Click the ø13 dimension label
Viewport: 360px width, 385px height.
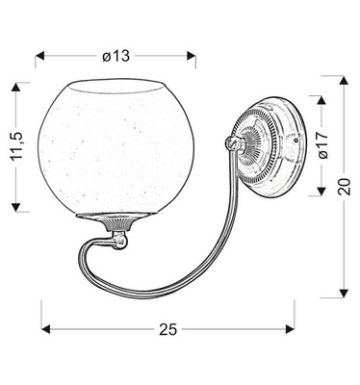point(116,55)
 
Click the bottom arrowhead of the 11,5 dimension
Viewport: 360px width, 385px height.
point(17,208)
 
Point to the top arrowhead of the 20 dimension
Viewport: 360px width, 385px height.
point(346,80)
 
